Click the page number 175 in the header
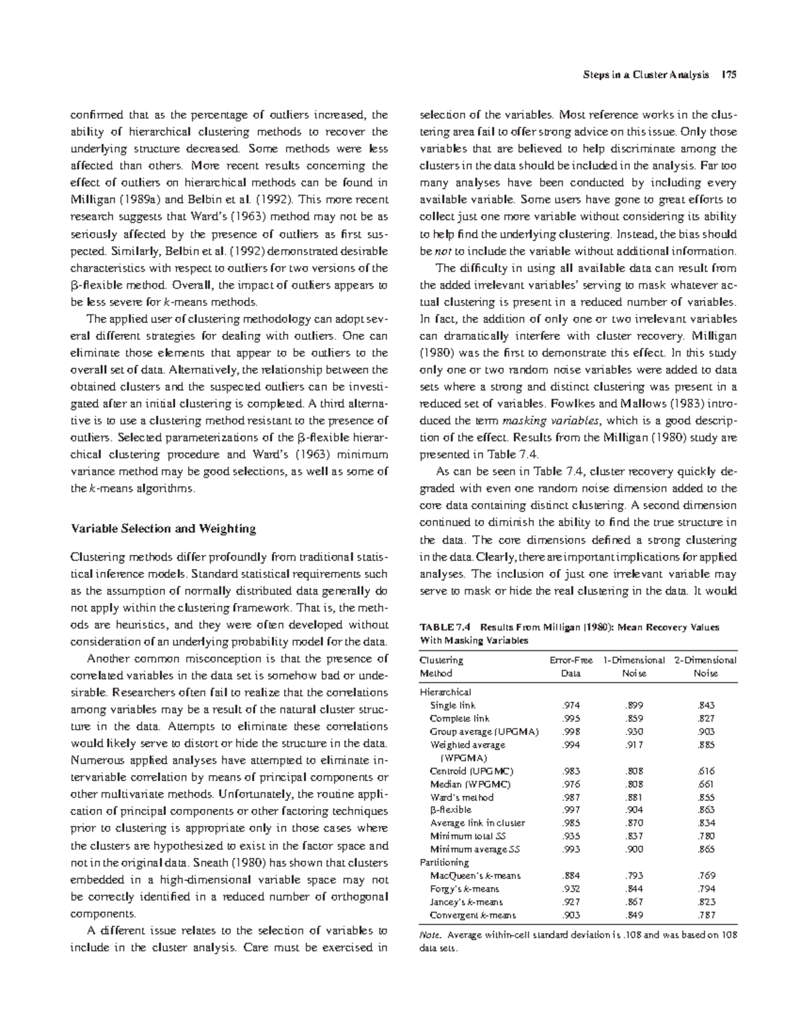(x=728, y=75)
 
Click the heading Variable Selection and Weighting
(x=163, y=528)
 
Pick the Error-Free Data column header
(x=571, y=666)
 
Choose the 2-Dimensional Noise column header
(x=705, y=666)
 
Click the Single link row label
(x=453, y=705)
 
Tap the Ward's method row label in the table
(x=462, y=797)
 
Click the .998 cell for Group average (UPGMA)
(x=571, y=731)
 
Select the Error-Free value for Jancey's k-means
(x=571, y=902)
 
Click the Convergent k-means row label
(x=473, y=915)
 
